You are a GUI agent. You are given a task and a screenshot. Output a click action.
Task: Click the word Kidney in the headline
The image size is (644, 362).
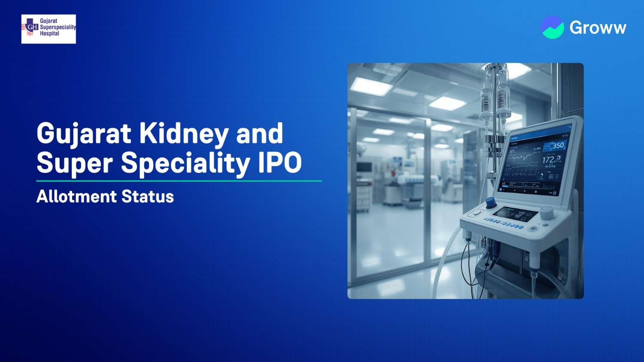pos(184,133)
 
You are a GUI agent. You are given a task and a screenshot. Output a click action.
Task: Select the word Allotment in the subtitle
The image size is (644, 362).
pos(76,196)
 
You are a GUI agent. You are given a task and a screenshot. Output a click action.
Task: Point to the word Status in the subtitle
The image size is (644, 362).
pos(148,196)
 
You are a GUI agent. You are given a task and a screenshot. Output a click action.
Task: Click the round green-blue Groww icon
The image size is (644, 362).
pos(553,27)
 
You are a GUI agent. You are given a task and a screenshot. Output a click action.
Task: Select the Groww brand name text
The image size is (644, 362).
pos(598,28)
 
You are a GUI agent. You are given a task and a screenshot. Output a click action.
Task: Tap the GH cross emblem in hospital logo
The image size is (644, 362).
pos(30,27)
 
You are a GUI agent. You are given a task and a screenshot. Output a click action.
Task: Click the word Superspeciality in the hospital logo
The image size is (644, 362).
pos(58,27)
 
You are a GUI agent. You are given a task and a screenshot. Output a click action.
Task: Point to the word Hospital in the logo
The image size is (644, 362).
pos(49,33)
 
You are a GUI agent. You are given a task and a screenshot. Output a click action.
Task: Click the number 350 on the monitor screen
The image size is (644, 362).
pos(558,145)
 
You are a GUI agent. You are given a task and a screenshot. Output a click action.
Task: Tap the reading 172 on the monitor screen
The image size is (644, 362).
pos(551,160)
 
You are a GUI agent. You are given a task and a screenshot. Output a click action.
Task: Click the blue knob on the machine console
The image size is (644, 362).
pos(490,202)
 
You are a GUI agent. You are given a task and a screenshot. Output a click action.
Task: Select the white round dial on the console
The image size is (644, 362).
pos(547,213)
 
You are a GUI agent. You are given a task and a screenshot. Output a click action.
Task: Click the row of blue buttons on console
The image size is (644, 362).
pos(503,224)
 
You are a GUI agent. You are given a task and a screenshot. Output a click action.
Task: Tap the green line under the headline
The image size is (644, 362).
pos(179,181)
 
